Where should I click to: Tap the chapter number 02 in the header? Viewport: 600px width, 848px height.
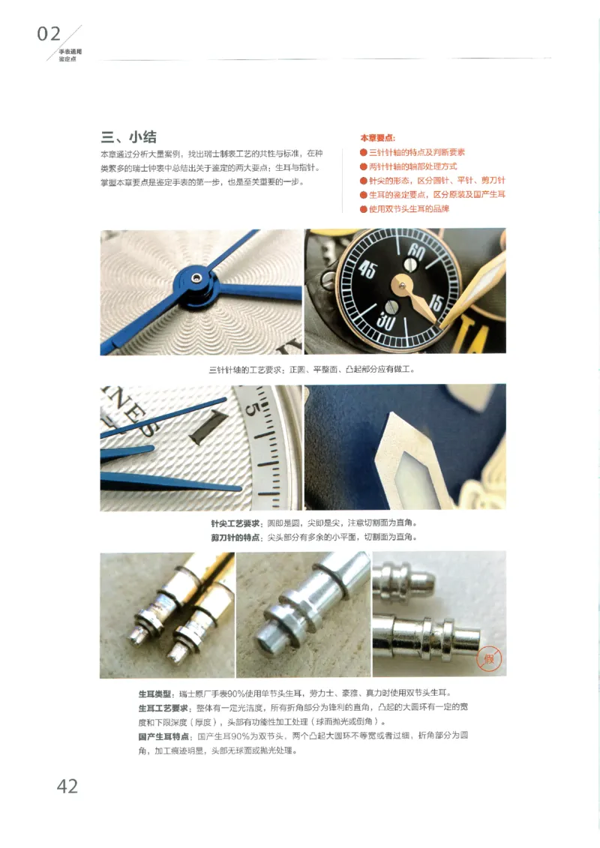click(49, 34)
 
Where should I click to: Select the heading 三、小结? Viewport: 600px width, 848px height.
click(129, 136)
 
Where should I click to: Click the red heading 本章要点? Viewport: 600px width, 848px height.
click(377, 138)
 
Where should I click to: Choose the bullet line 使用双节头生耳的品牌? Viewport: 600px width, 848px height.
click(409, 209)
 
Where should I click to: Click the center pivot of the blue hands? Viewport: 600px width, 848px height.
click(196, 278)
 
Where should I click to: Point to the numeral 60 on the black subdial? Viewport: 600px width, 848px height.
click(417, 255)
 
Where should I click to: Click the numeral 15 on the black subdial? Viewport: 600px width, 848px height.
click(436, 303)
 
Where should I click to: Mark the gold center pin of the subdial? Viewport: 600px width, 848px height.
click(403, 284)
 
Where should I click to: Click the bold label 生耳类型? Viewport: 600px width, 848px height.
click(154, 692)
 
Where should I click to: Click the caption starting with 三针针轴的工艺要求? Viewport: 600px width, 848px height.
click(311, 370)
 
